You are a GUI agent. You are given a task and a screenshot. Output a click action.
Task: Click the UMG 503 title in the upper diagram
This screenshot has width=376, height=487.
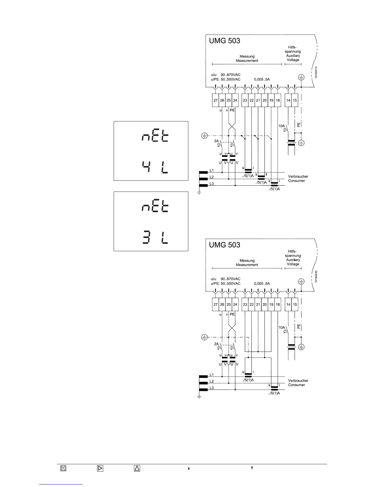point(225,41)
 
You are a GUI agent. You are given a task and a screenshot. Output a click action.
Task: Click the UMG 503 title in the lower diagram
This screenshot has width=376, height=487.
point(225,245)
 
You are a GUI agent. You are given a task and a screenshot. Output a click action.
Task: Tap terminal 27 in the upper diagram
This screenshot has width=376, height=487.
point(216,100)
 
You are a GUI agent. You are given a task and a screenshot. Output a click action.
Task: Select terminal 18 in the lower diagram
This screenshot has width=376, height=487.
point(278,304)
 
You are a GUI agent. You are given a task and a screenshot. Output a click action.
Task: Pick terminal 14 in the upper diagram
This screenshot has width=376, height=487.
point(288,100)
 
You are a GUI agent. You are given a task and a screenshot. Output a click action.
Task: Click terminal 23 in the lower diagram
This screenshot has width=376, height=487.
point(245,304)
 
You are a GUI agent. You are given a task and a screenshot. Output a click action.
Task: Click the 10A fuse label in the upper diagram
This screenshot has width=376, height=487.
point(282,126)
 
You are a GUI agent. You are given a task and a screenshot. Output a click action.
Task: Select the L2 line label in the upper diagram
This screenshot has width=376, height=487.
point(212,177)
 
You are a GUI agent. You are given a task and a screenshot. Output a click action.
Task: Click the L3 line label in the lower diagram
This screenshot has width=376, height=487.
point(212,388)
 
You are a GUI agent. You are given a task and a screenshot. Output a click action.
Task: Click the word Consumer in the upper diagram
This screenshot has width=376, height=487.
point(296,181)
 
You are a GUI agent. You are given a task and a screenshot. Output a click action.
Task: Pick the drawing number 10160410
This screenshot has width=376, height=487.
point(316,73)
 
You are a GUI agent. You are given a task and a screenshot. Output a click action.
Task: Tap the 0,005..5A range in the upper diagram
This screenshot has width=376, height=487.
point(262,79)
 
